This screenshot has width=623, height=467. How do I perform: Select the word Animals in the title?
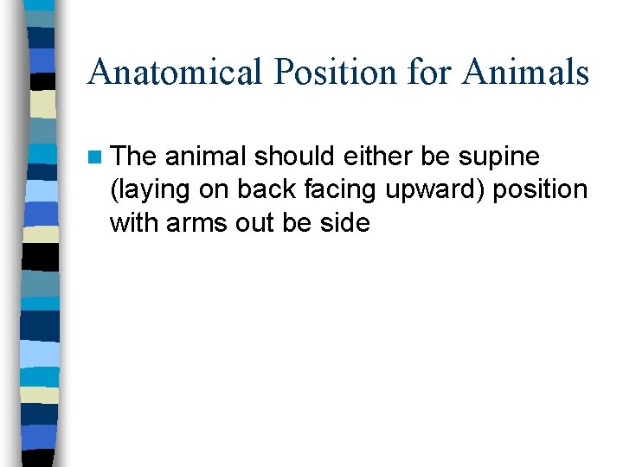(x=525, y=73)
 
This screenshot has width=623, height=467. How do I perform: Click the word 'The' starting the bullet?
(x=134, y=157)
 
